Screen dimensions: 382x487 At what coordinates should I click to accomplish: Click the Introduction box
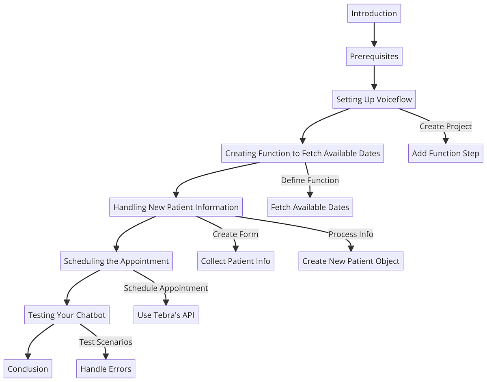click(374, 13)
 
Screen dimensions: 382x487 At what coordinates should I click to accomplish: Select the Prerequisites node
click(374, 56)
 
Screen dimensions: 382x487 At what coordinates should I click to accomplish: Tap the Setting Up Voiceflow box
click(374, 100)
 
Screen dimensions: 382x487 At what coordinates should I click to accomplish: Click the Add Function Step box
click(446, 153)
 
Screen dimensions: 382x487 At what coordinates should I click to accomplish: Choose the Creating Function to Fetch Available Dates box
click(302, 153)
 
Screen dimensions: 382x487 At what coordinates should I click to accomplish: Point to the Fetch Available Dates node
click(310, 207)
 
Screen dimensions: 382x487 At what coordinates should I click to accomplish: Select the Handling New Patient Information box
click(176, 207)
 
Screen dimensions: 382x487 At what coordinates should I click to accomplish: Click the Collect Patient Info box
click(235, 261)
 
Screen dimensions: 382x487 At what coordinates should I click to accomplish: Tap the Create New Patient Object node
click(351, 261)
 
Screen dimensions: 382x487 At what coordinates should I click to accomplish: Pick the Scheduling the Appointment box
click(116, 261)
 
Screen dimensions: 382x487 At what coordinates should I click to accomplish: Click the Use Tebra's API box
click(166, 315)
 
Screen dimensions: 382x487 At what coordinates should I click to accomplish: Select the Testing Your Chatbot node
click(67, 315)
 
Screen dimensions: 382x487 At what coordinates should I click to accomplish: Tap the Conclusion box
click(28, 369)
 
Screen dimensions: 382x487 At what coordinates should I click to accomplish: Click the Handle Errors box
click(106, 369)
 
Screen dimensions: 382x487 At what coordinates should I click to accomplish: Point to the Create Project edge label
click(446, 126)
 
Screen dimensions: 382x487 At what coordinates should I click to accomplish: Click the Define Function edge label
click(310, 180)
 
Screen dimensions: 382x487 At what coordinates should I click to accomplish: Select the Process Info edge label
click(351, 234)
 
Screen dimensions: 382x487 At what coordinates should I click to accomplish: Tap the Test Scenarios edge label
click(106, 342)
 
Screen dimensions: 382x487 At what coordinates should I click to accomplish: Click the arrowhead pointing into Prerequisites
click(374, 43)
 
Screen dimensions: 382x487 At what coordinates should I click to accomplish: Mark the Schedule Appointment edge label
click(166, 288)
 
